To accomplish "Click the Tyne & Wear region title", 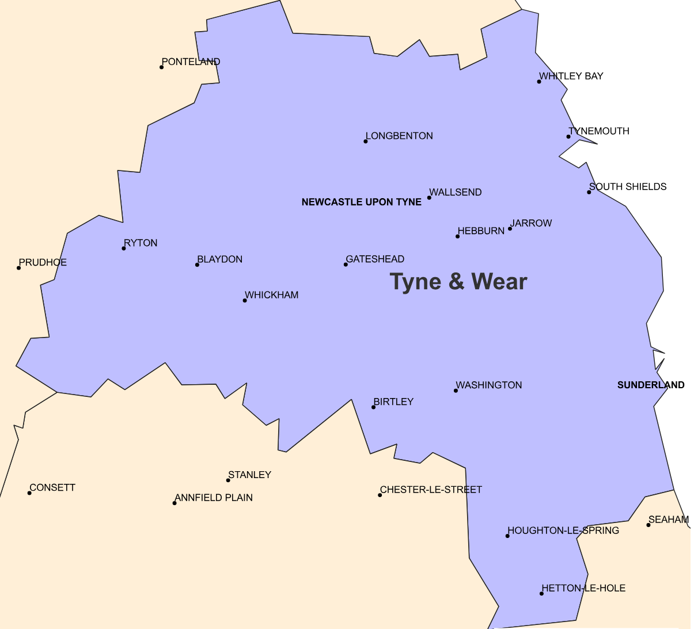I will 458,282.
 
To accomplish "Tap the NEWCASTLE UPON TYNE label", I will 361,202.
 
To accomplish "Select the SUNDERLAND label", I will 651,385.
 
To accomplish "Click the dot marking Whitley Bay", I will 539,82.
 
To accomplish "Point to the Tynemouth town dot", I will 568,137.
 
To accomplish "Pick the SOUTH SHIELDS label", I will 628,187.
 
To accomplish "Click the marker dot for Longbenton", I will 366,142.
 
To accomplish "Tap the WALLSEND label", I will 456,192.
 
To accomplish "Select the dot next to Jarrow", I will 510,229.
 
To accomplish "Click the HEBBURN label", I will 481,231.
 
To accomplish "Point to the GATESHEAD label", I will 375,259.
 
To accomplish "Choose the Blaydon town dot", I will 197,265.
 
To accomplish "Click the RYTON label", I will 141,243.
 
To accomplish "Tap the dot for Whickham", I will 245,301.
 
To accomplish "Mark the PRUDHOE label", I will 43,263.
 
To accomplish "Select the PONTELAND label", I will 191,62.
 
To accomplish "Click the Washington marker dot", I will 456,391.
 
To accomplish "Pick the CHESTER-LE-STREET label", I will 431,490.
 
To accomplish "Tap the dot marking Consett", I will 29,493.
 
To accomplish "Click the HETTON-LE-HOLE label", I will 583,588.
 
